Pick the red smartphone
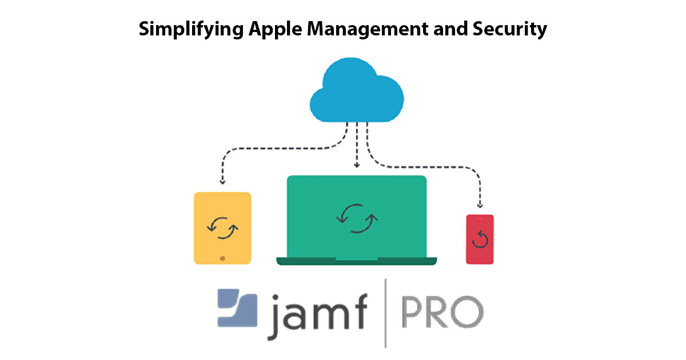[480, 239]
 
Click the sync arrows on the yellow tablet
[222, 227]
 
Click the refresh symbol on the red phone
[480, 240]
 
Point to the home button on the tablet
[222, 258]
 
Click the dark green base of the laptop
[357, 261]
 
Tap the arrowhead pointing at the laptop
[357, 166]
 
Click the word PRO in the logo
[440, 312]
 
